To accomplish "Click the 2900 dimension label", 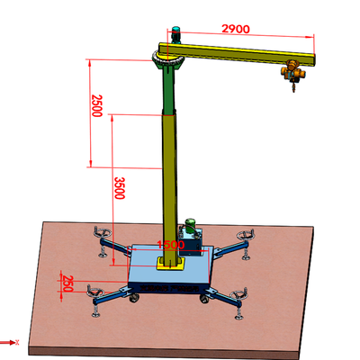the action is tap(236, 29).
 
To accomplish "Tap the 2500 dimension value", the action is tap(97, 105).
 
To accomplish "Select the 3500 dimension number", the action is tap(119, 188).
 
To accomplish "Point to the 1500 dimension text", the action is tap(171, 245).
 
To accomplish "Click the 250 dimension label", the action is tap(67, 283).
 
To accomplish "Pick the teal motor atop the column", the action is tap(175, 35).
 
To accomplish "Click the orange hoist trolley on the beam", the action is tap(292, 71).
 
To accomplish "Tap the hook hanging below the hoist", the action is tap(294, 86).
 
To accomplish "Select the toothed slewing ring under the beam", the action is tap(168, 62).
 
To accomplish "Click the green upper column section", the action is tap(168, 90).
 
